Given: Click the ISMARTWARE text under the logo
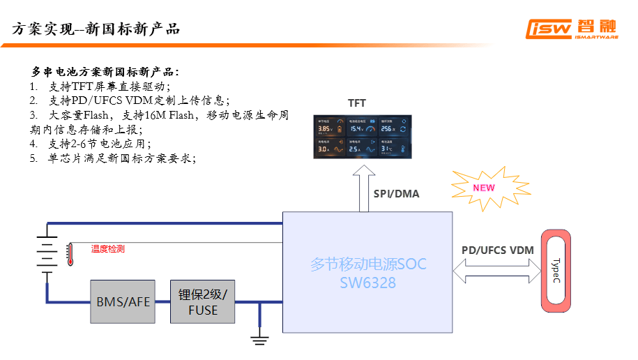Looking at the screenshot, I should coord(597,38).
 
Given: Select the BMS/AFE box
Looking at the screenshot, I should coord(123,301).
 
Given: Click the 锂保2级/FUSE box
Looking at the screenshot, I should coord(203,301).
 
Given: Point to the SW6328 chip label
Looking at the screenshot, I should coord(367,283).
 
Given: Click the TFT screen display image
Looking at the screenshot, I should coord(363,136).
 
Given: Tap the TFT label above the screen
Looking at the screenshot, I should coord(357,103).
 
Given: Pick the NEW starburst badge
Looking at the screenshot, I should coord(483,188).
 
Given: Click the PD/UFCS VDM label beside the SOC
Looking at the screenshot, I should coord(497,250).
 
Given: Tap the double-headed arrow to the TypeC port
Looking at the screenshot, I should coord(497,270).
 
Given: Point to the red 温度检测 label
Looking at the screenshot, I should coord(108,249).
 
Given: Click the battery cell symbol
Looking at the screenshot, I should coord(47,255).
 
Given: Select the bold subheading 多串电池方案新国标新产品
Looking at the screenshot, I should coord(105,72).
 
